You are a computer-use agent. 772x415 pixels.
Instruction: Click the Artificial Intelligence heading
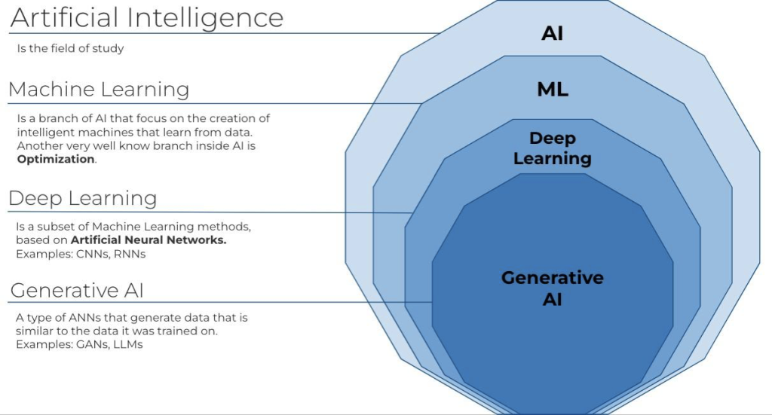(146, 18)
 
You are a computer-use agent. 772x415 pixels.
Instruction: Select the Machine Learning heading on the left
(99, 90)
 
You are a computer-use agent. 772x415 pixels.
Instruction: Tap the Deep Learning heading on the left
(83, 198)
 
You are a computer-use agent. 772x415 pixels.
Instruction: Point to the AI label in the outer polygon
(552, 34)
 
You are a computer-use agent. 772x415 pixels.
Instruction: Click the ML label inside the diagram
(552, 90)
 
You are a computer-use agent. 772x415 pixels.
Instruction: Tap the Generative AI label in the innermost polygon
(552, 288)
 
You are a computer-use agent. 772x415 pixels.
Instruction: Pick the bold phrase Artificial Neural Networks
(149, 240)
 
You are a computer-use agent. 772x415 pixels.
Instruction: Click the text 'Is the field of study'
(69, 49)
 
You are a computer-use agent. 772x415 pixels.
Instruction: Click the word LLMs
(127, 344)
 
